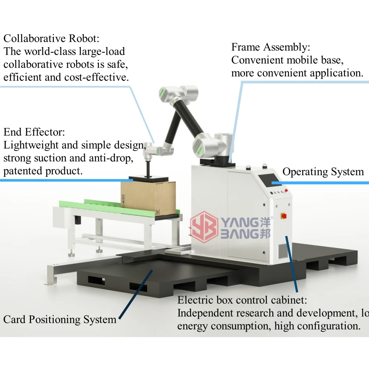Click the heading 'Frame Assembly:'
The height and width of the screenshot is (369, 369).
click(x=270, y=47)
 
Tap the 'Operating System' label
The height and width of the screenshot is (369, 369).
click(x=323, y=172)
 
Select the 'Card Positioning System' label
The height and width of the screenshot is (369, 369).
click(x=60, y=319)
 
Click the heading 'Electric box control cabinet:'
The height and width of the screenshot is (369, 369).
click(x=242, y=300)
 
